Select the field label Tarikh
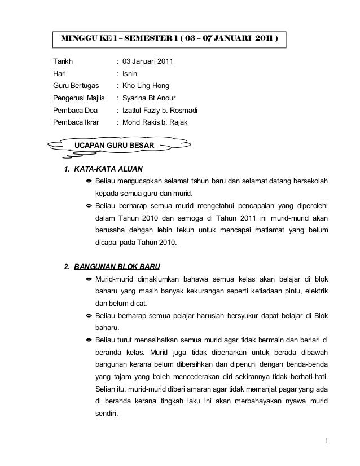[x=63, y=60]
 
